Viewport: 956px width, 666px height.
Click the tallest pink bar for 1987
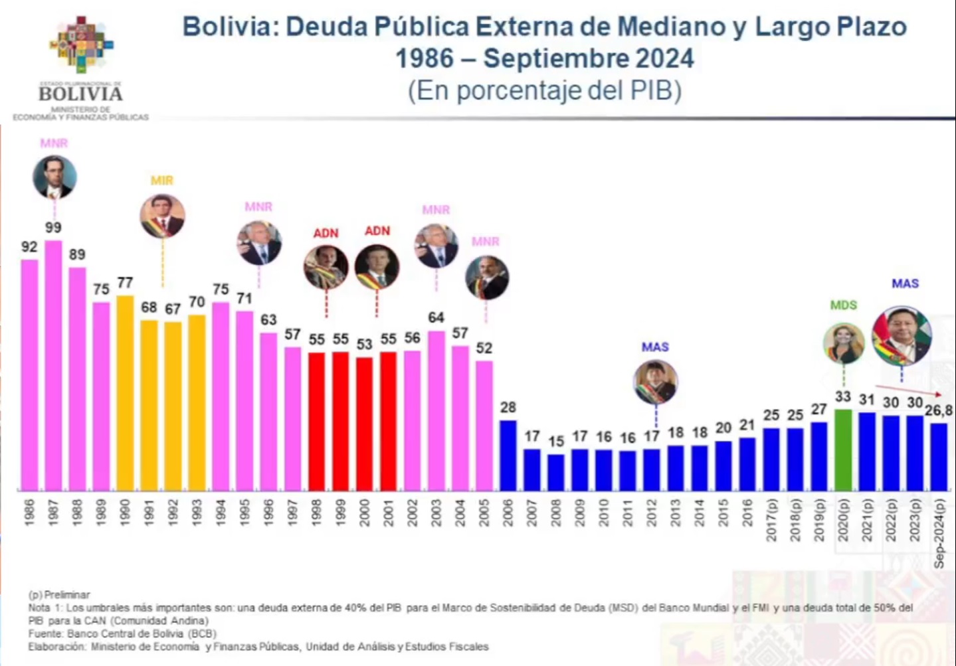53,365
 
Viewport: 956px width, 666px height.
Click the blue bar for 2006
508,456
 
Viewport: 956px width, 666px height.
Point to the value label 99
53,228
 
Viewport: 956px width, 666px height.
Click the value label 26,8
938,411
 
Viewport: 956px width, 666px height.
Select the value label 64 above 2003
436,318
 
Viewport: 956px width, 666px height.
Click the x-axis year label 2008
556,513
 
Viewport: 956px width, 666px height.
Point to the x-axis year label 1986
29,513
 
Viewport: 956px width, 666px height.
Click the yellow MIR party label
162,181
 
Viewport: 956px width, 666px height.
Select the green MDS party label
843,305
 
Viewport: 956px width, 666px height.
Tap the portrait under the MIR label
162,216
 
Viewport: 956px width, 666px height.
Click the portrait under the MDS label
843,343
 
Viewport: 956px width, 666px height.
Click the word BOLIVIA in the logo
80,94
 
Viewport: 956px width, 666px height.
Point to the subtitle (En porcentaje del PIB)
545,90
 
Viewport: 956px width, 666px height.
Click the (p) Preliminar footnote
59,595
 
